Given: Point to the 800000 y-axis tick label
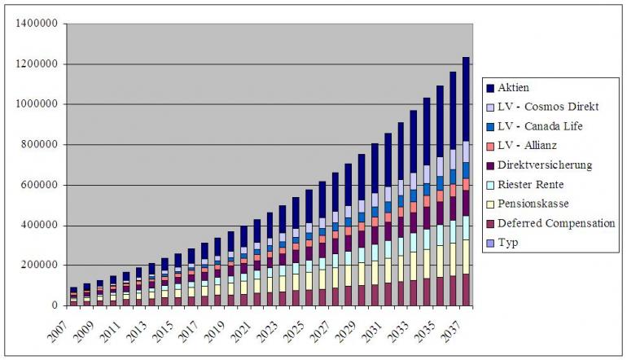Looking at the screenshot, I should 39,144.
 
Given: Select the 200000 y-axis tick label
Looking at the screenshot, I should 39,266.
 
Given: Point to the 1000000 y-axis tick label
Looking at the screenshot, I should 37,104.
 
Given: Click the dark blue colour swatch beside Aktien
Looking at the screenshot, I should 490,87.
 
